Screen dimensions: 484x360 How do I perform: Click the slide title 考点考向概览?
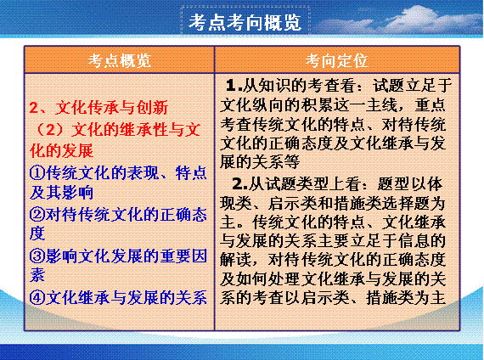coord(245,22)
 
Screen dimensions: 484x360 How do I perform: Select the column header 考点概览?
coord(120,60)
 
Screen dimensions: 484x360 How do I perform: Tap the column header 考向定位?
coord(337,60)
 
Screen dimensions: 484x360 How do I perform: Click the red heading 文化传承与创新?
coord(112,108)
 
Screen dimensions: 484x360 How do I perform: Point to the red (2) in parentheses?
coord(51,130)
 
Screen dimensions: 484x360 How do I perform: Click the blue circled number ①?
coord(37,172)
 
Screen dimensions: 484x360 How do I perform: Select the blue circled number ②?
coord(37,214)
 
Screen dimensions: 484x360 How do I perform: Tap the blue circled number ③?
coord(37,256)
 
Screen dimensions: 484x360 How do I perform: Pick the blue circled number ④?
coord(37,297)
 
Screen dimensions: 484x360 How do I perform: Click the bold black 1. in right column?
coord(234,85)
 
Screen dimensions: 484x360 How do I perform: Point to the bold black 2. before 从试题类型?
coord(239,184)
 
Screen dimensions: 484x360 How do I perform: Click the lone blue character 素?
coord(37,274)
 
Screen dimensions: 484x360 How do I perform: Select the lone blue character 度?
coord(37,233)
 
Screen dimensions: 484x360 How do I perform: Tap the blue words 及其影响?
coord(61,192)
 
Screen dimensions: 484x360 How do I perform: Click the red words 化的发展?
coord(61,150)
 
